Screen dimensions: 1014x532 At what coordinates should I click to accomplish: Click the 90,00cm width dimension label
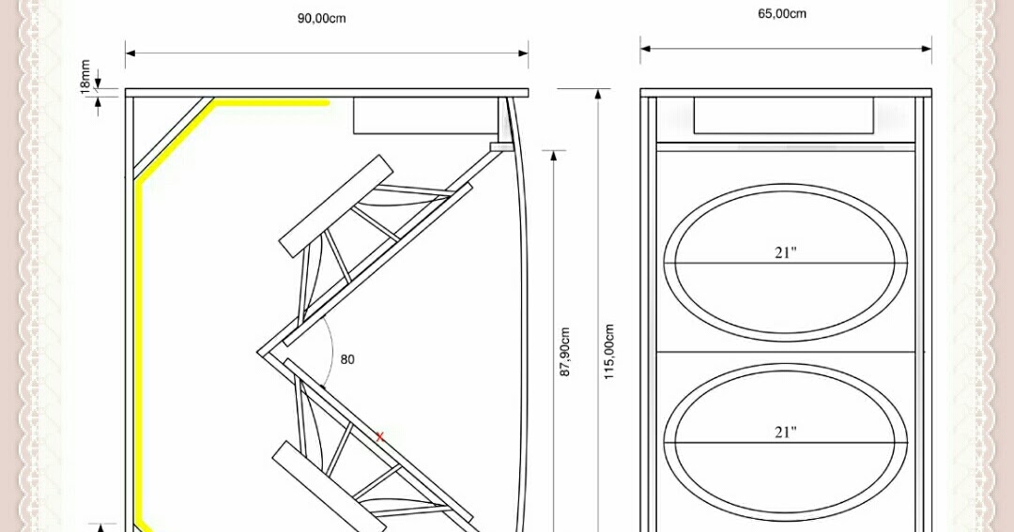321,18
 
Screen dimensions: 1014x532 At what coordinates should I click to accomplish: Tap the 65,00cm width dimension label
782,13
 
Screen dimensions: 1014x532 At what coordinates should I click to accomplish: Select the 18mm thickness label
85,77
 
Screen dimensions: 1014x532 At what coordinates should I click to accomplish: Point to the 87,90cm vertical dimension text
564,352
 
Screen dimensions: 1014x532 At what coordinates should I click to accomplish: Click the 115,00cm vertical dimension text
608,352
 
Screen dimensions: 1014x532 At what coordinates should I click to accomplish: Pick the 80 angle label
347,359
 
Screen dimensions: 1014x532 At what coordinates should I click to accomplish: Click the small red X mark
379,437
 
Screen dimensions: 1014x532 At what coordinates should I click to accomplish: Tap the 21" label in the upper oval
785,252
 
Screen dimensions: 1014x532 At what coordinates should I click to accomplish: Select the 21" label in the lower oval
785,432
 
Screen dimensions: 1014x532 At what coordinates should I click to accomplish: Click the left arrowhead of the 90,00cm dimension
130,53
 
